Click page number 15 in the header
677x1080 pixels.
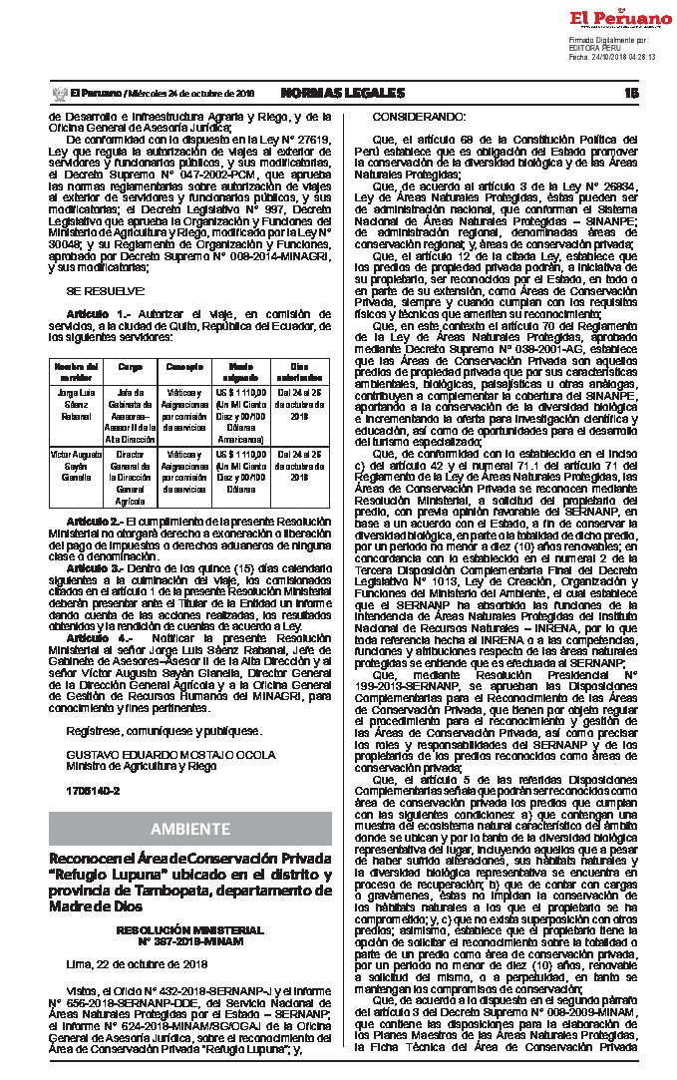630,93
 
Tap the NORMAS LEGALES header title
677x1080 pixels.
342,93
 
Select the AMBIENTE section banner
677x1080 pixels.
190,829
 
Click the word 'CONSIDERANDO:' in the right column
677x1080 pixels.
403,117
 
